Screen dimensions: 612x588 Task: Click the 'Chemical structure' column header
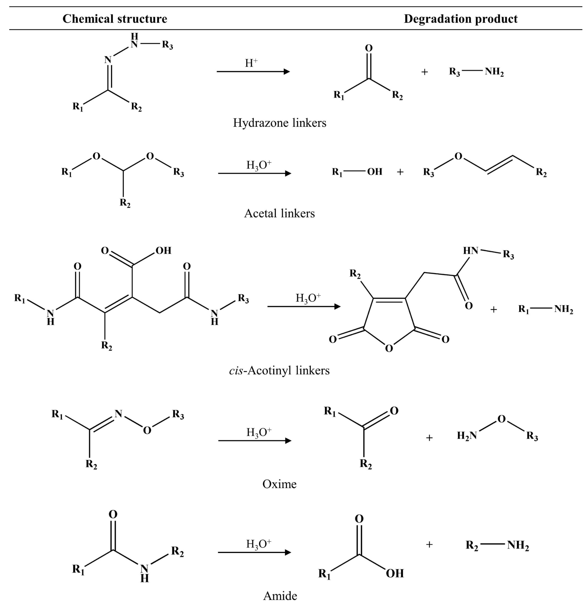click(x=115, y=19)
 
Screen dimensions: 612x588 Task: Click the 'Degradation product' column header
click(x=461, y=19)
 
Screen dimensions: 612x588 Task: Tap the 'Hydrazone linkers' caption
click(x=280, y=123)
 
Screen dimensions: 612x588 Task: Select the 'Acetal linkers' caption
click(x=279, y=213)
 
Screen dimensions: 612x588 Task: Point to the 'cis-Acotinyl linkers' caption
click(x=279, y=370)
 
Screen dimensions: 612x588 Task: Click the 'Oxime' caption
click(x=279, y=484)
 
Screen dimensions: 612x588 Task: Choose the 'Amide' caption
click(x=280, y=596)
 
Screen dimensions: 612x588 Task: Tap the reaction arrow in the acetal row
click(x=254, y=173)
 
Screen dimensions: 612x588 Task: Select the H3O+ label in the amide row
click(x=259, y=544)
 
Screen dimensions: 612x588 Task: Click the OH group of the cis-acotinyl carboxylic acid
click(x=164, y=251)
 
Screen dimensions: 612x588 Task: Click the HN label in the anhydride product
click(x=471, y=251)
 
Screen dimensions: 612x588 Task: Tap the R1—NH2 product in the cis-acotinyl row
click(x=545, y=309)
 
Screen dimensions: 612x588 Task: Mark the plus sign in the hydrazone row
click(x=424, y=72)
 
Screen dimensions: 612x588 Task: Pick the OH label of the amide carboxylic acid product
click(x=395, y=573)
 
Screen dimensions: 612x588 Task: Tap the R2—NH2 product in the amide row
click(x=497, y=545)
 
